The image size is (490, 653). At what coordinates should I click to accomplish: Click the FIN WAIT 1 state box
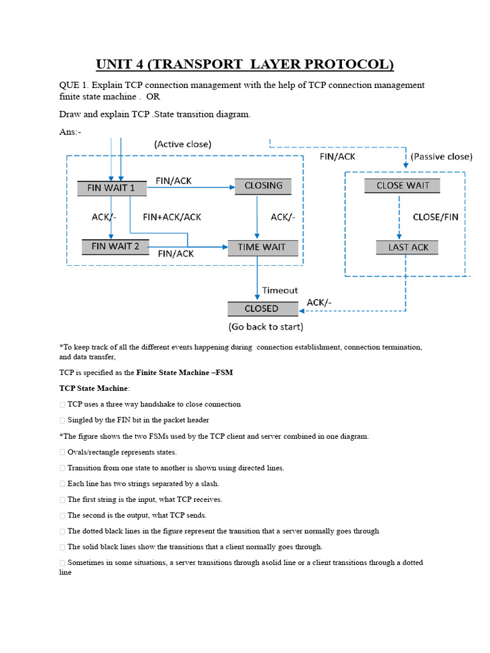coord(112,187)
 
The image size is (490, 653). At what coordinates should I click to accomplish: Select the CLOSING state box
coord(263,186)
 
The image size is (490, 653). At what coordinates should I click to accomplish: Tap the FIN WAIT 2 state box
coord(115,246)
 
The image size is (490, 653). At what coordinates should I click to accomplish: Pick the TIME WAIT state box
coord(262,247)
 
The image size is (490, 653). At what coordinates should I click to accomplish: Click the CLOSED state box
coord(262,309)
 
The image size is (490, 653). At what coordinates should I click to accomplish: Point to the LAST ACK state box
coord(408,247)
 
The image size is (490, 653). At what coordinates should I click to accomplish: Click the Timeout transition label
coord(280,290)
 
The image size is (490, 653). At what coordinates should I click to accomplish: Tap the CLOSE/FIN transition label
coord(436,217)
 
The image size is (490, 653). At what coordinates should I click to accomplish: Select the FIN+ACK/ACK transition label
coord(172,217)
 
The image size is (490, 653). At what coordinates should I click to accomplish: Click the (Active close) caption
coord(182,144)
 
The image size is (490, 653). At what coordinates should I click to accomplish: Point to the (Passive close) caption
coord(441,156)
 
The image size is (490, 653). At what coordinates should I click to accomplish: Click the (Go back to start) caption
coord(265,327)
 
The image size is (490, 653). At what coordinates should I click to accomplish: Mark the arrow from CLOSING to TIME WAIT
coord(256,217)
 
